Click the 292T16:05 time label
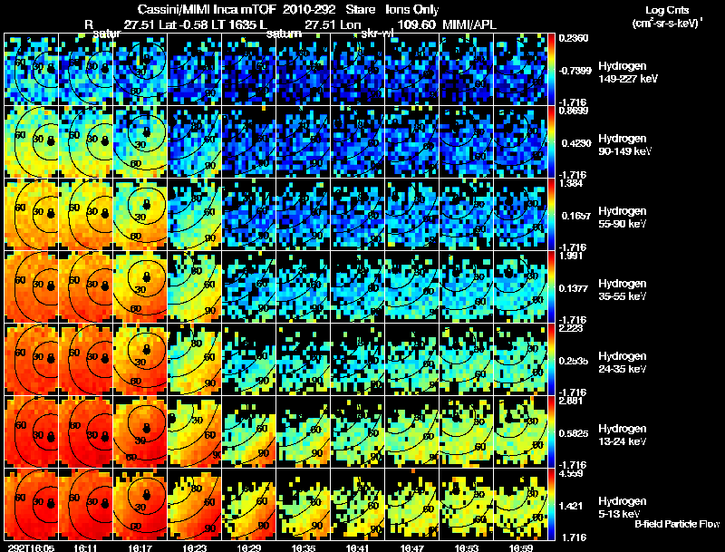tap(30, 547)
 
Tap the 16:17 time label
tap(140, 547)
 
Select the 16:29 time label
tap(249, 547)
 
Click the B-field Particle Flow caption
tap(676, 524)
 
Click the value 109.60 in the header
tap(417, 24)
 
